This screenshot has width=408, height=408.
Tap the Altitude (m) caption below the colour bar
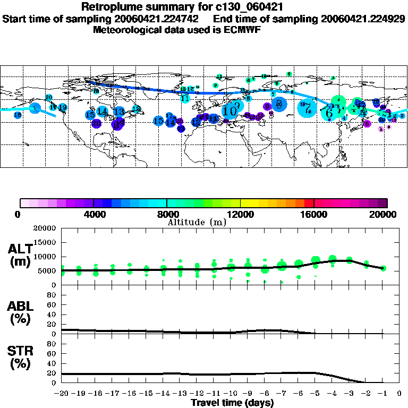[197, 222]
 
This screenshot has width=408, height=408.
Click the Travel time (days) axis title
[232, 403]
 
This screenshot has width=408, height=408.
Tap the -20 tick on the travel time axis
[61, 394]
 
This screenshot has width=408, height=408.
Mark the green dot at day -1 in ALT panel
[383, 268]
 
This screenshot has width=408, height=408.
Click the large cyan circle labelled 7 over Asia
[307, 108]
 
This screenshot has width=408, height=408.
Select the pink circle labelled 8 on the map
[381, 129]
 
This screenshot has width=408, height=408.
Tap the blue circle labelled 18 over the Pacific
[18, 115]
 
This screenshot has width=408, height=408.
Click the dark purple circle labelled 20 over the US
[96, 124]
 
